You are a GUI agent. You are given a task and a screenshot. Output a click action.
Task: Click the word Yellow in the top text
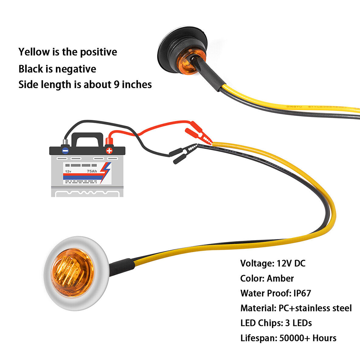[35, 52]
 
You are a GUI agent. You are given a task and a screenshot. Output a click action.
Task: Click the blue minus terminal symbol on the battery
[65, 151]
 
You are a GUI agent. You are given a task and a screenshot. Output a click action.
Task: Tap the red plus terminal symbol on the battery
[109, 151]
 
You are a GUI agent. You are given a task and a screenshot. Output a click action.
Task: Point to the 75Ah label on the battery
[91, 171]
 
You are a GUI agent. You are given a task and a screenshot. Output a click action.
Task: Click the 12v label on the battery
[68, 171]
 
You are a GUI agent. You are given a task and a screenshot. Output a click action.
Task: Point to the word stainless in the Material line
[316, 308]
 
